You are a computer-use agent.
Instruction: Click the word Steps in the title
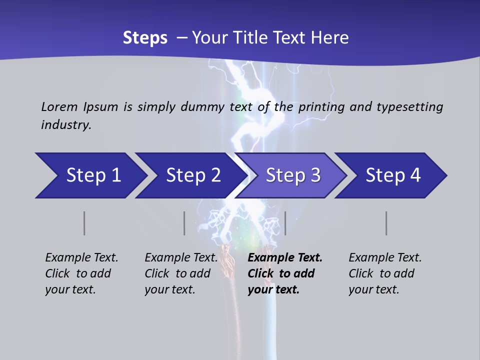coord(145,38)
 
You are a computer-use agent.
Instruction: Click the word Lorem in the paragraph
coord(59,106)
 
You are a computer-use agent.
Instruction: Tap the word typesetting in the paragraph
coord(409,106)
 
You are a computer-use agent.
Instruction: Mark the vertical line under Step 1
coord(84,223)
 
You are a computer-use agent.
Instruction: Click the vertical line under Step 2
coord(184,223)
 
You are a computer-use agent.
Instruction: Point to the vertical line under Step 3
coord(285,223)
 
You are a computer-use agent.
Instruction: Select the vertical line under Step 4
coord(386,223)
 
